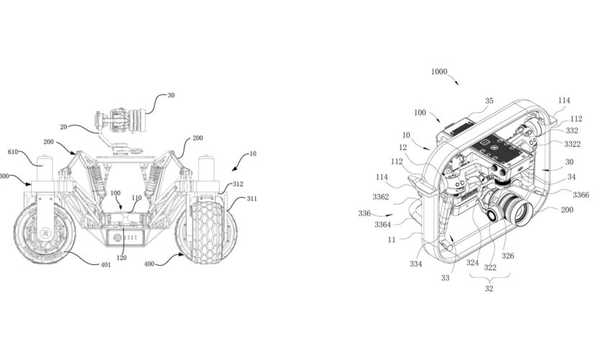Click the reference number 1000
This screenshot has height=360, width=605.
point(439,73)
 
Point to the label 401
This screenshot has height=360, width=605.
point(105,264)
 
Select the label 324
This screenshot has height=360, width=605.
point(472,262)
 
